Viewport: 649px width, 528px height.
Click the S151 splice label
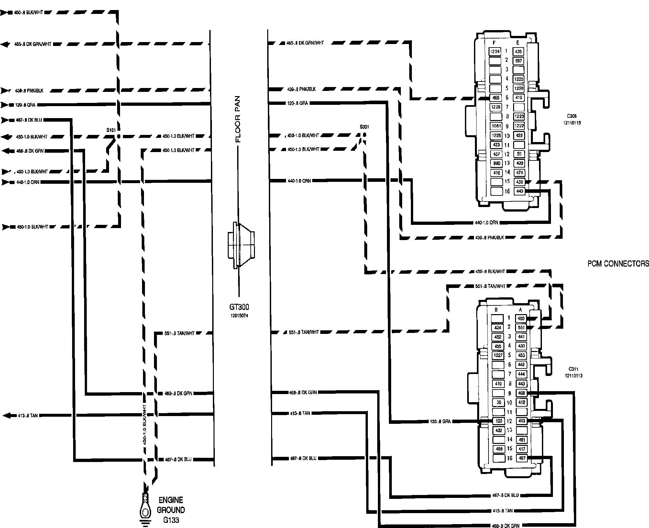111,130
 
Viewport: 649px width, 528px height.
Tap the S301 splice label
364,127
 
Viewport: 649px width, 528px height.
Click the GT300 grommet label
239,307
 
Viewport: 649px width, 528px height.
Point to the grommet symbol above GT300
241,245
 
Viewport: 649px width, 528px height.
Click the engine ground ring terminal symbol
145,512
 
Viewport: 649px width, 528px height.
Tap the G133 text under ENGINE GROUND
171,520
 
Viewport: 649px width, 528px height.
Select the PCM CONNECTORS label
618,264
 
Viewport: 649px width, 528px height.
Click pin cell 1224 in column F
495,51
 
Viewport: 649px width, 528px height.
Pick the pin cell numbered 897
519,60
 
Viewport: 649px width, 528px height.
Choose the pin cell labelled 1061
496,126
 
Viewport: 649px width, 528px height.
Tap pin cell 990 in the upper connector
496,163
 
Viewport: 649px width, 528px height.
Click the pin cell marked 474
520,172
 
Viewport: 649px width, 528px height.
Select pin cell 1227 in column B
498,355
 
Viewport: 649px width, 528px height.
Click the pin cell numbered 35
499,402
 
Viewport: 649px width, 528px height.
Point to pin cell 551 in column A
521,327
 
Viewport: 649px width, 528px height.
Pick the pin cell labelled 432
499,431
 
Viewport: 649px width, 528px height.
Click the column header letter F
494,43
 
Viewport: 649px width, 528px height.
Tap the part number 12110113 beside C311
574,376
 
